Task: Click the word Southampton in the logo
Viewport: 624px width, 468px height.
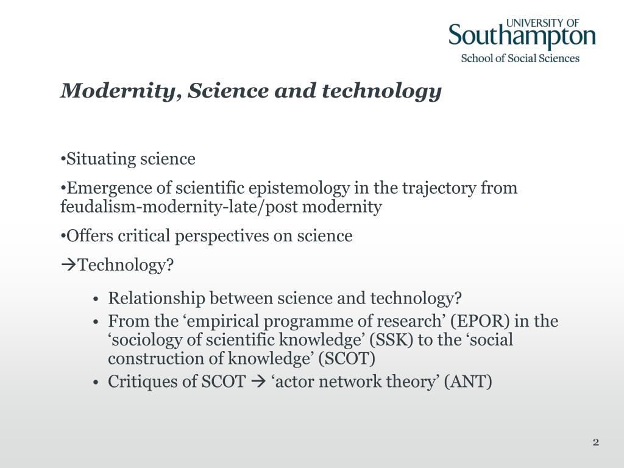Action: [x=522, y=37]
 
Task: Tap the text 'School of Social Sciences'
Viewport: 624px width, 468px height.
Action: [x=520, y=58]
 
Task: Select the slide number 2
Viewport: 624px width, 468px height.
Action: [x=596, y=442]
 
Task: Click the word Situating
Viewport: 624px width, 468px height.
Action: [x=101, y=159]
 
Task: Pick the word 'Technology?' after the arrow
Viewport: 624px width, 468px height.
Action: [x=127, y=265]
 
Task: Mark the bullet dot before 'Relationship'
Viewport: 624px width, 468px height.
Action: [x=96, y=299]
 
